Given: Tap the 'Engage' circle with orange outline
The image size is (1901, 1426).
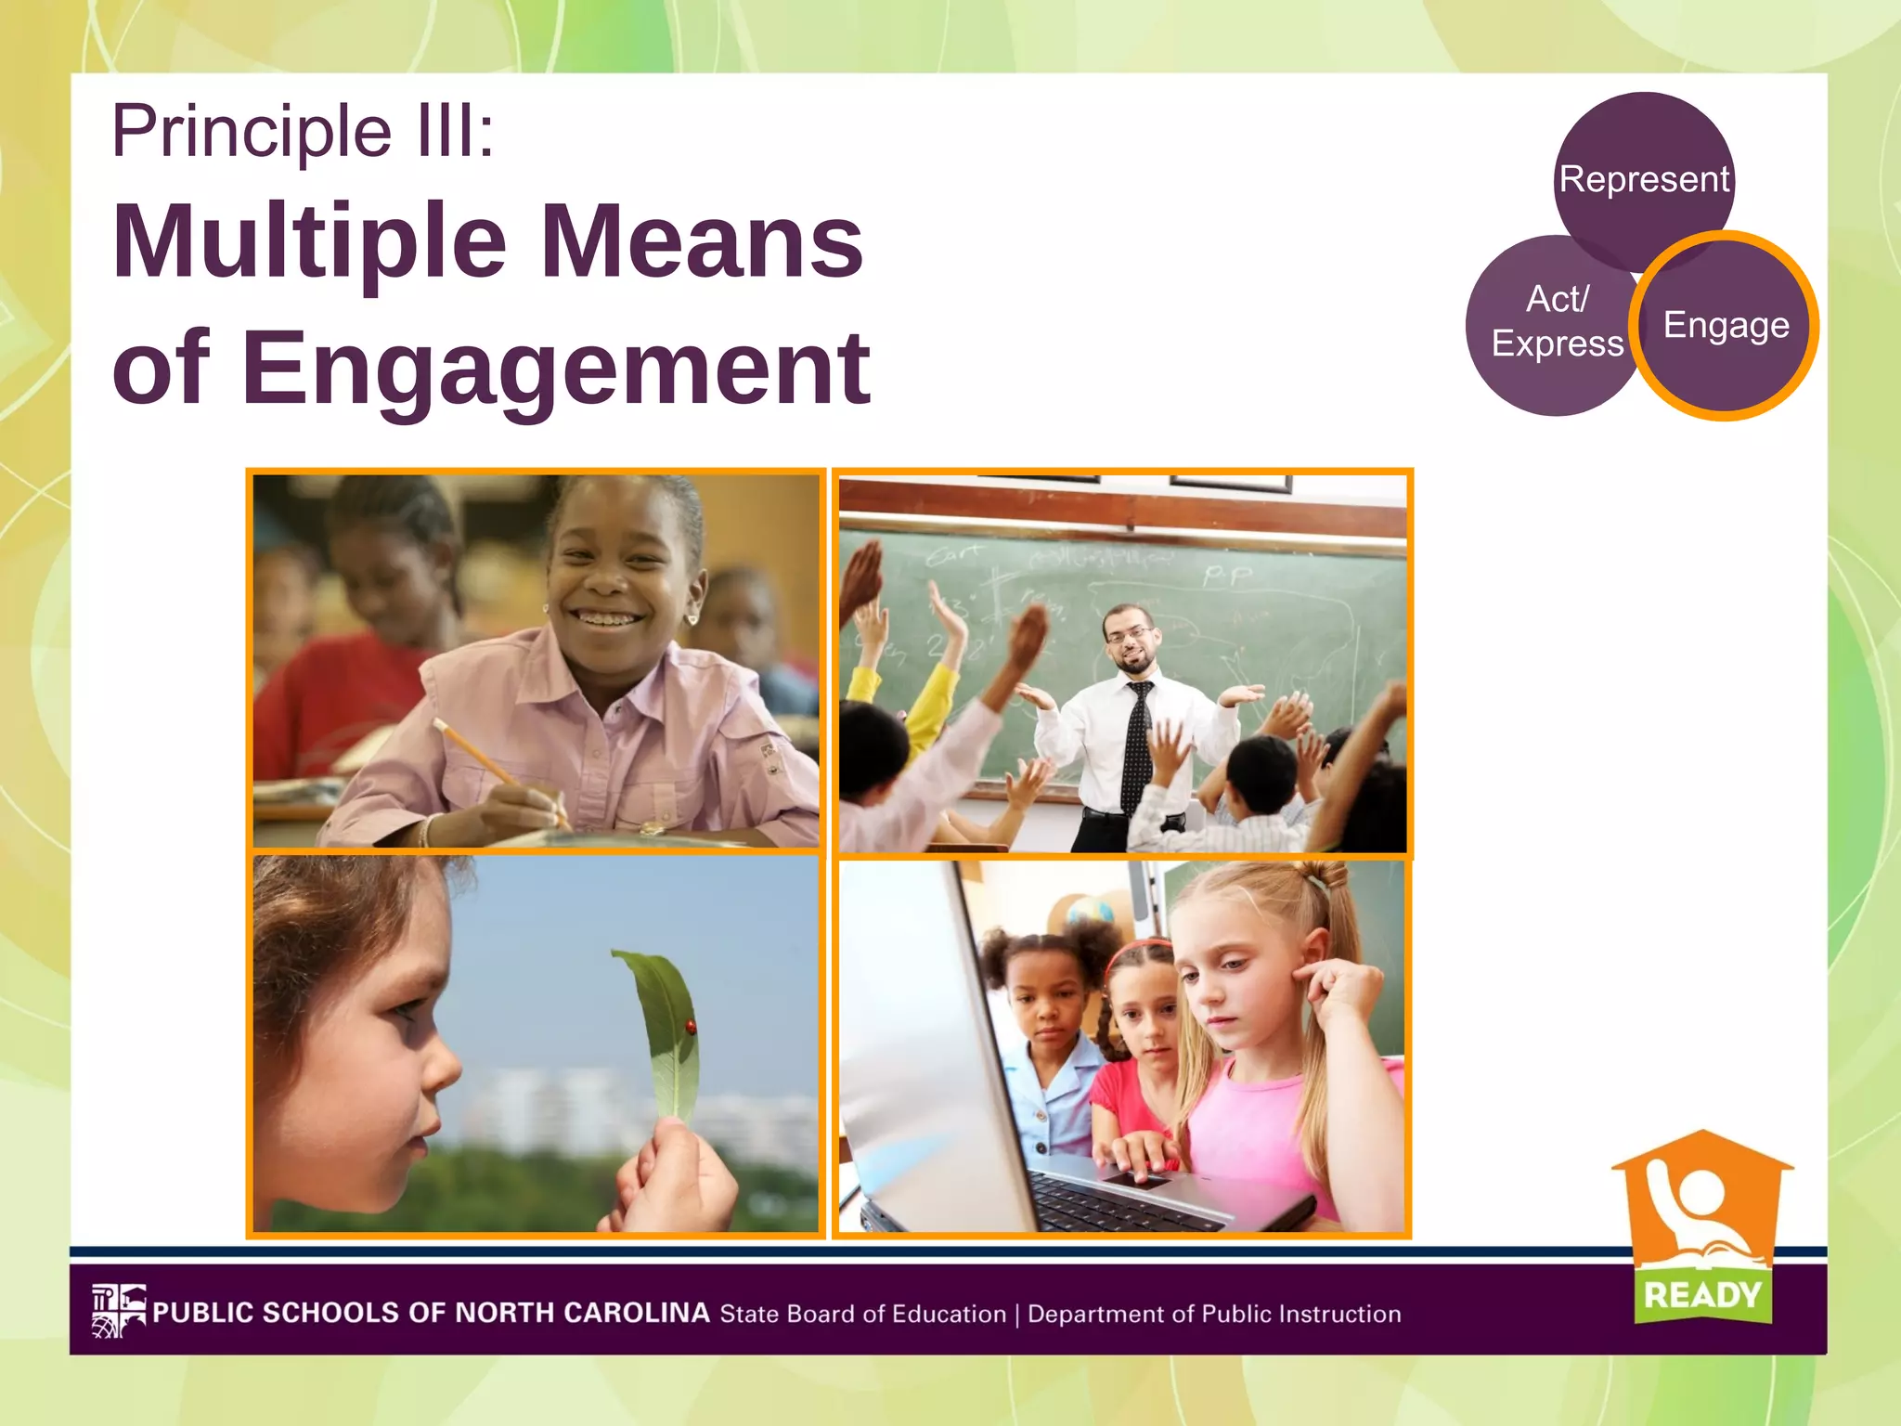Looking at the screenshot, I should click(1725, 326).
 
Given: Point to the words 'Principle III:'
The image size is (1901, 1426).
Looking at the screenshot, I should click(303, 131).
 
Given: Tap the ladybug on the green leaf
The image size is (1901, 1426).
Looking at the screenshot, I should click(691, 1025).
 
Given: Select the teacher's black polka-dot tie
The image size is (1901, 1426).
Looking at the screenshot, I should click(1135, 743).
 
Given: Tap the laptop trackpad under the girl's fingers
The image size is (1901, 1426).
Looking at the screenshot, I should click(1137, 1180).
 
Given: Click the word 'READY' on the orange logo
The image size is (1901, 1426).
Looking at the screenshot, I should click(1702, 1294).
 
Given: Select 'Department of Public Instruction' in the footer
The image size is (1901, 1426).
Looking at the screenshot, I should click(1214, 1314).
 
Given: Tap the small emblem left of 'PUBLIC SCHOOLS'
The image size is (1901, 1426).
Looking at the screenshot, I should click(119, 1311).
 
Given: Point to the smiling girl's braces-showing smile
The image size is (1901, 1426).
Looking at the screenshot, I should click(608, 616).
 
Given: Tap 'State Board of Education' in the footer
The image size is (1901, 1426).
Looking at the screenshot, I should click(863, 1314).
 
